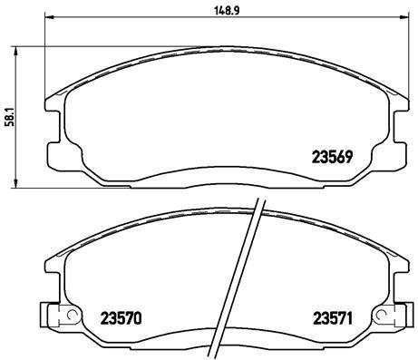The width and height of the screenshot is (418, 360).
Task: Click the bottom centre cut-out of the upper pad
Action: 223,181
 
